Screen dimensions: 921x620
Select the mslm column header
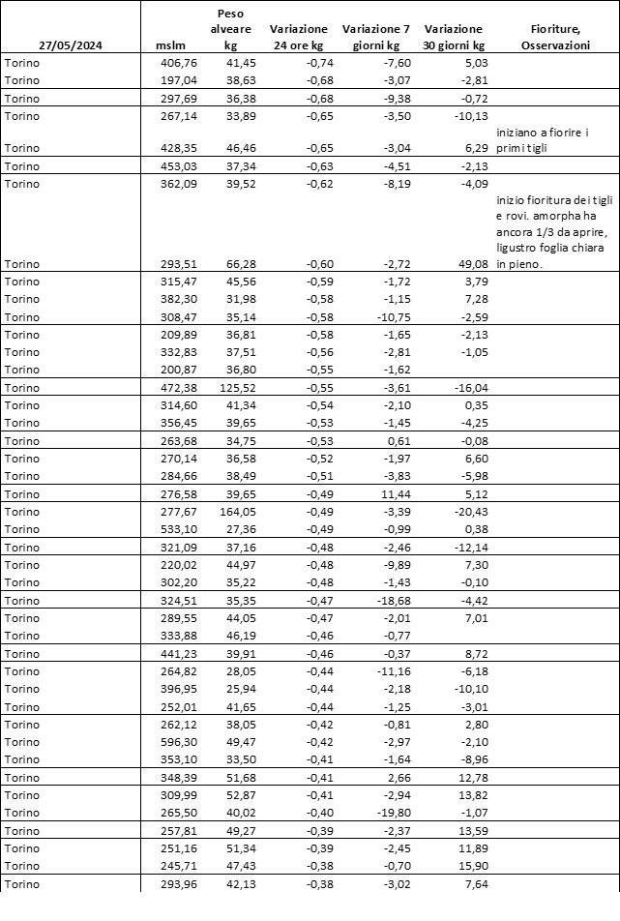tap(169, 45)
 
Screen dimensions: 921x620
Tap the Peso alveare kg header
tap(231, 30)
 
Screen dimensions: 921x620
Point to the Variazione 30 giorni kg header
tap(454, 37)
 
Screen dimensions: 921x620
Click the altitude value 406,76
tap(176, 62)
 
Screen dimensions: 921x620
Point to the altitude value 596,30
tap(176, 742)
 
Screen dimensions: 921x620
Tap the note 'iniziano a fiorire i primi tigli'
tap(547, 139)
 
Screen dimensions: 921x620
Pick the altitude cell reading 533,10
tap(176, 529)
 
